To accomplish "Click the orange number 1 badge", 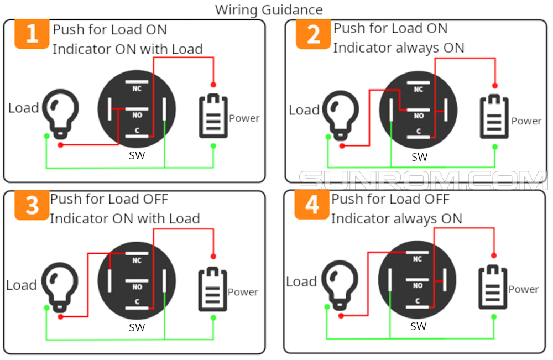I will [x=32, y=34].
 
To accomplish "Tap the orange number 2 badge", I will [x=313, y=34].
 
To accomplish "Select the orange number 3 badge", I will [x=32, y=205].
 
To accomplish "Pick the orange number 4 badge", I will [x=312, y=205].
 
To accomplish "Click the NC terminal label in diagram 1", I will [x=137, y=88].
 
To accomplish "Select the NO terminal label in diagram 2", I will [x=419, y=116].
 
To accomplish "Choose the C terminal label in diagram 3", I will [x=137, y=302].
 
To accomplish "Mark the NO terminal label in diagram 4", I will [x=418, y=286].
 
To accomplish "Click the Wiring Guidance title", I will [x=269, y=9].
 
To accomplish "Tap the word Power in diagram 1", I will [x=244, y=118].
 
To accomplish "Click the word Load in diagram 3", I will [x=21, y=285].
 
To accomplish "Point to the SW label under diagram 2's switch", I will [x=419, y=157].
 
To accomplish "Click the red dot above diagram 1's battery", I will [x=213, y=84].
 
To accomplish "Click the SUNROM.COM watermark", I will [x=423, y=181].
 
